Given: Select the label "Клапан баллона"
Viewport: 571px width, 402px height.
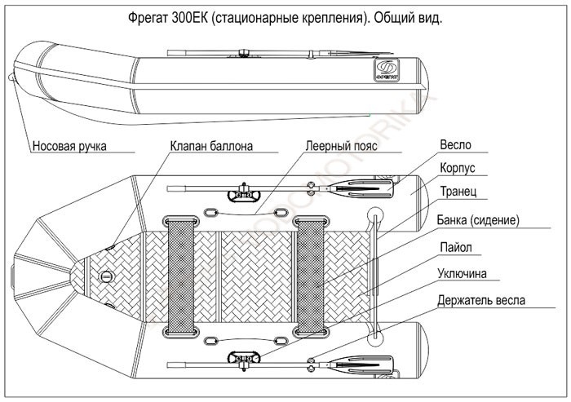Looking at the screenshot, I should [x=211, y=147].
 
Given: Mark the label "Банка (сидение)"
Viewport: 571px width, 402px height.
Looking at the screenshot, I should [x=478, y=220].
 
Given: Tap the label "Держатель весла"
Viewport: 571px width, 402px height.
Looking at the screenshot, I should [x=481, y=300].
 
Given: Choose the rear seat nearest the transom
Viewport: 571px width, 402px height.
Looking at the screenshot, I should [x=313, y=277].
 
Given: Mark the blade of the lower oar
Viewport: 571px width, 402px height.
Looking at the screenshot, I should [x=369, y=364].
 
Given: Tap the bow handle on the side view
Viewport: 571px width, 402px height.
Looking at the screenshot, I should [x=11, y=79].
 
